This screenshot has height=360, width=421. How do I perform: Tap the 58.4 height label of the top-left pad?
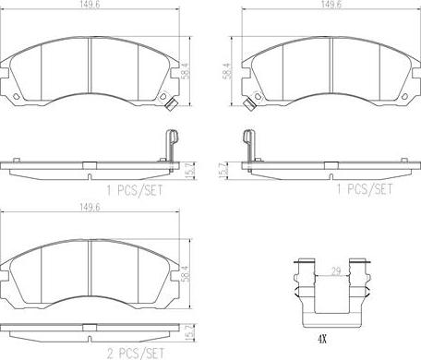[186, 71]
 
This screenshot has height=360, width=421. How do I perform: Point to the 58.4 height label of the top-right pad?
[226, 71]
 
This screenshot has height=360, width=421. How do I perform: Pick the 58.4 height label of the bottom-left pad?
[186, 273]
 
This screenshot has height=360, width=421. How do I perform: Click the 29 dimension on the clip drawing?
[336, 271]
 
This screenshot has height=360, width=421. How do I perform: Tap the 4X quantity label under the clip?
[321, 339]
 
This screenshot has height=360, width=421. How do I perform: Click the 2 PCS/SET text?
[136, 354]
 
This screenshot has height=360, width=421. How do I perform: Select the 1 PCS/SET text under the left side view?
[135, 190]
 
